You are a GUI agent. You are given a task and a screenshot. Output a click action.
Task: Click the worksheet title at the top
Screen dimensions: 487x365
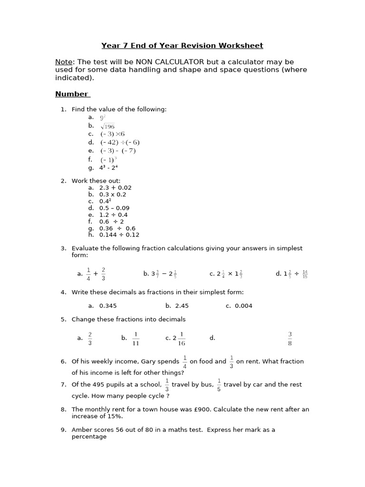click(182, 46)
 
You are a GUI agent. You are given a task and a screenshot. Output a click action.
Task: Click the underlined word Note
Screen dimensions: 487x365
click(64, 62)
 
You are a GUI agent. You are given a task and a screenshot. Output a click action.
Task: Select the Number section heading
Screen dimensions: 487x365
click(72, 94)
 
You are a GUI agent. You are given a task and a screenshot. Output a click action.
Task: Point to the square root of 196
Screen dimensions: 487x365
click(107, 126)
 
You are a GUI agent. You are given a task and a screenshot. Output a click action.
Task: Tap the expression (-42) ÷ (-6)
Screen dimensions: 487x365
click(120, 142)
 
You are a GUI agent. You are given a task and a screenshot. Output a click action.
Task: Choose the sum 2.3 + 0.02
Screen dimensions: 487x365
click(115, 188)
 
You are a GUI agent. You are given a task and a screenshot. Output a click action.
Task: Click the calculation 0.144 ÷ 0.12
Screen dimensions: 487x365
click(119, 234)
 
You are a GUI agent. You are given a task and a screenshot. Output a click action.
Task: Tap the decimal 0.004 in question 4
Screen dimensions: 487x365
click(243, 306)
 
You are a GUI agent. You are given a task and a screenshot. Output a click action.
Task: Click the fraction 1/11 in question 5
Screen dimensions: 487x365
click(135, 338)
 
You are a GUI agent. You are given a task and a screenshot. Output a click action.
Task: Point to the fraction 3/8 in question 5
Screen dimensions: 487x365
click(290, 338)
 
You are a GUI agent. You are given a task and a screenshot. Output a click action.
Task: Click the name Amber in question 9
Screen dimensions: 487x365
click(81, 429)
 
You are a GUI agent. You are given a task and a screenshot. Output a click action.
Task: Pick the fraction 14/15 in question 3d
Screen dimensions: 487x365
click(305, 274)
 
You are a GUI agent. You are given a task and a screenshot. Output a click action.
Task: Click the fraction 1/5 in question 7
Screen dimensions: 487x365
click(219, 385)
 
